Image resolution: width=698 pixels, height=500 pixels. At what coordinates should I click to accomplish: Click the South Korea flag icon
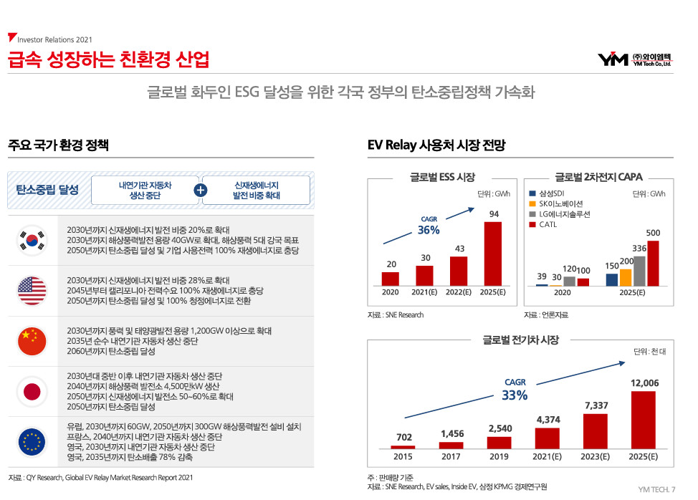click(x=32, y=240)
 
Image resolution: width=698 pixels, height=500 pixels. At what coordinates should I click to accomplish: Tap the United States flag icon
click(x=32, y=290)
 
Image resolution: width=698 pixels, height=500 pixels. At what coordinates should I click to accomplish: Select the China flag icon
click(x=32, y=341)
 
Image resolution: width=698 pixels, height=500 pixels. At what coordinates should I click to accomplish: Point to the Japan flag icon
click(x=32, y=391)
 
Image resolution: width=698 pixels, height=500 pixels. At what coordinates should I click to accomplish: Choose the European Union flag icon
click(x=32, y=441)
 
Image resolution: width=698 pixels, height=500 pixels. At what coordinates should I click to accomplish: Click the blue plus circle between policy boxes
click(x=201, y=191)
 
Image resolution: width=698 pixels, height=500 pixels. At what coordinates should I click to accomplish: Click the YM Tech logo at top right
click(x=634, y=59)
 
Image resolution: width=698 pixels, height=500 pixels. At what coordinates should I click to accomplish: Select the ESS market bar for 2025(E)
click(x=494, y=253)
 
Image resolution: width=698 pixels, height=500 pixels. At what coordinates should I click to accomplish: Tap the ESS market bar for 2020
click(x=390, y=279)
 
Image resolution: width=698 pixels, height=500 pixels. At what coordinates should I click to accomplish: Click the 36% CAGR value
click(x=429, y=230)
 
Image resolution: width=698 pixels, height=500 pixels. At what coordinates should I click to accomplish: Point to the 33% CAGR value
click(x=515, y=395)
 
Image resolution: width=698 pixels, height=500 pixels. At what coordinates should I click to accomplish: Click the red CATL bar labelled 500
click(x=653, y=263)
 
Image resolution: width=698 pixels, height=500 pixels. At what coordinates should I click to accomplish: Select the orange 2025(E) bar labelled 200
click(x=626, y=277)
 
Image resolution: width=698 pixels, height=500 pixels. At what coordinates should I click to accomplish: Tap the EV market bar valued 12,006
click(x=643, y=418)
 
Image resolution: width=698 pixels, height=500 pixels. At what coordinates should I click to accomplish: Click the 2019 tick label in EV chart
click(x=499, y=456)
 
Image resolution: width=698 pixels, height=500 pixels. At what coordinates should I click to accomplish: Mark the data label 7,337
click(x=596, y=405)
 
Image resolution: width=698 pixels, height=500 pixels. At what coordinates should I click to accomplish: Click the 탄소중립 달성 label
click(x=47, y=190)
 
